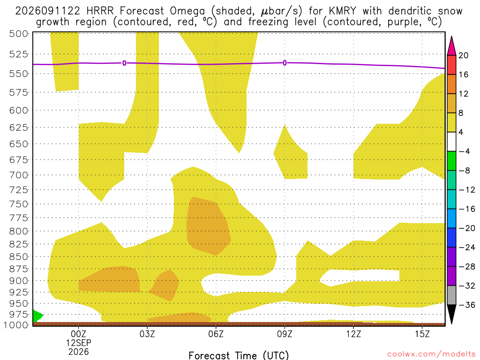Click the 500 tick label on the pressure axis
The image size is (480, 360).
19,34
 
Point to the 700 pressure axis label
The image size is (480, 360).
19,175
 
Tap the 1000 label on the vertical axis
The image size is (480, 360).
16,325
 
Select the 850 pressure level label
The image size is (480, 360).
19,256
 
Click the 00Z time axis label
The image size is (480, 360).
78,334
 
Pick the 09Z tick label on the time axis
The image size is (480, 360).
285,334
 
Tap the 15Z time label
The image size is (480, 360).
422,334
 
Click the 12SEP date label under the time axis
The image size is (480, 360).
79,343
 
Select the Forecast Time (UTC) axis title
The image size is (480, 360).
239,355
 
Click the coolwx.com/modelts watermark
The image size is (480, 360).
431,354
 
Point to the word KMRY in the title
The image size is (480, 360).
343,11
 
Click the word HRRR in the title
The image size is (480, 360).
100,11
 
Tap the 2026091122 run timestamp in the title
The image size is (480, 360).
47,11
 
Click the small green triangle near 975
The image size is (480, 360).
37,315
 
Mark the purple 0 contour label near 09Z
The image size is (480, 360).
285,63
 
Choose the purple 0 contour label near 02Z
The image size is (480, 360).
124,63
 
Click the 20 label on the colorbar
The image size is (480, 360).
464,55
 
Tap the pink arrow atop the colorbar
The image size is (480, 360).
451,46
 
